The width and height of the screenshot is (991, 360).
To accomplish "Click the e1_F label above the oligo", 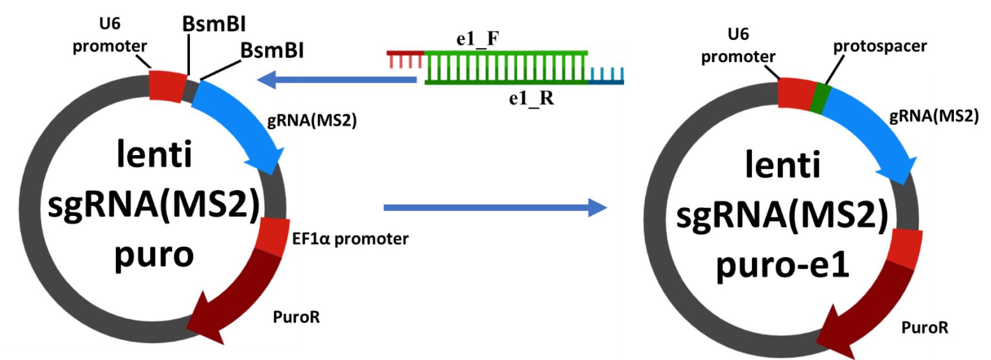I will tap(477, 38).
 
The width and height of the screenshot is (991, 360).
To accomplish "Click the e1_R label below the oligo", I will tap(531, 98).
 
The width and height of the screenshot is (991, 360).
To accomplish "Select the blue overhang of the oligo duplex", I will tap(606, 76).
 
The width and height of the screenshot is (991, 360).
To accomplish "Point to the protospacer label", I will tap(880, 47).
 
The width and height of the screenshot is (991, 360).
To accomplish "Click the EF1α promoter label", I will tap(350, 239).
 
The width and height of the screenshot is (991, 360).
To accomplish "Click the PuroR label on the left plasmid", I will tap(296, 317).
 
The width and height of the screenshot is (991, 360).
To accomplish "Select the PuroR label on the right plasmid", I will tap(925, 327).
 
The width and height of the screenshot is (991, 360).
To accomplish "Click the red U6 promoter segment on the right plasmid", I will tap(796, 94).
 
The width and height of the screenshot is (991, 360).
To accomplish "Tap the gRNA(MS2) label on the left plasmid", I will tap(312, 120).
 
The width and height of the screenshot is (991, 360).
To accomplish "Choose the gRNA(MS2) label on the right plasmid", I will tap(934, 116).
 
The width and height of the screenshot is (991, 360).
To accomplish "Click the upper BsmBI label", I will tap(214, 24).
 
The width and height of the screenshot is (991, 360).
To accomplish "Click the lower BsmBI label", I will tap(272, 50).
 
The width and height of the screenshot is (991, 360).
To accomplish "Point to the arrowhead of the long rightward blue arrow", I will tap(598, 208).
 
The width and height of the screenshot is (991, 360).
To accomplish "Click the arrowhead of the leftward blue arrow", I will tap(266, 79).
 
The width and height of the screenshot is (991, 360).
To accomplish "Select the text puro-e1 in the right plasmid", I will tap(782, 265).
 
